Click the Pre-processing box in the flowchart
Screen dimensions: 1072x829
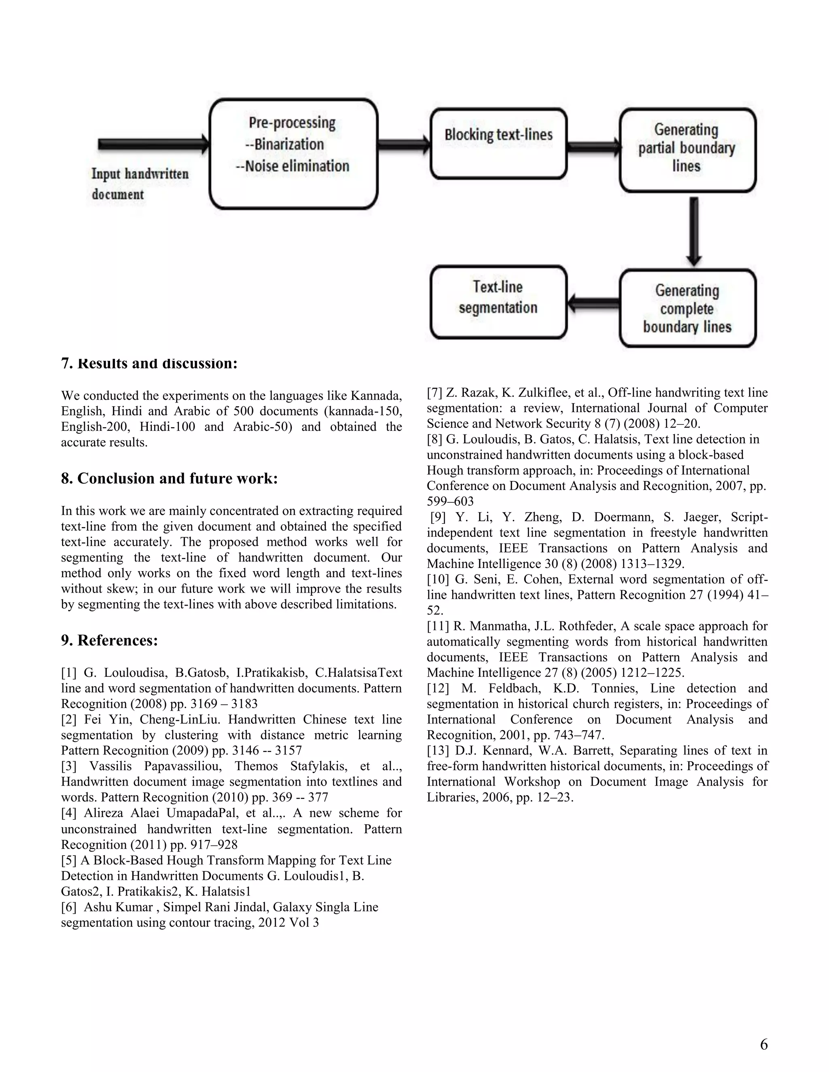click(x=293, y=154)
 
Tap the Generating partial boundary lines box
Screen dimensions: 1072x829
click(x=687, y=150)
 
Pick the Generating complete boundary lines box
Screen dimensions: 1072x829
click(x=687, y=308)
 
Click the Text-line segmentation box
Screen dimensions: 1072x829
click(x=498, y=302)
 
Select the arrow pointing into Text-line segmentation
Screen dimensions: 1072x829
click(x=593, y=304)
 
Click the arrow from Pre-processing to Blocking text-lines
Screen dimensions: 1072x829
click(x=404, y=144)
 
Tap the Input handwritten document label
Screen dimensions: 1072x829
click(x=140, y=184)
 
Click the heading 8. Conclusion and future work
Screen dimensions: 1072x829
click(x=170, y=479)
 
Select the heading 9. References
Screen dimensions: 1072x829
click(x=110, y=640)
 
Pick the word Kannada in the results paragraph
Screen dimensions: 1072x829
click(x=376, y=396)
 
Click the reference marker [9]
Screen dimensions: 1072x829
click(x=439, y=517)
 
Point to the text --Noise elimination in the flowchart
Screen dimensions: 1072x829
click(x=293, y=166)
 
